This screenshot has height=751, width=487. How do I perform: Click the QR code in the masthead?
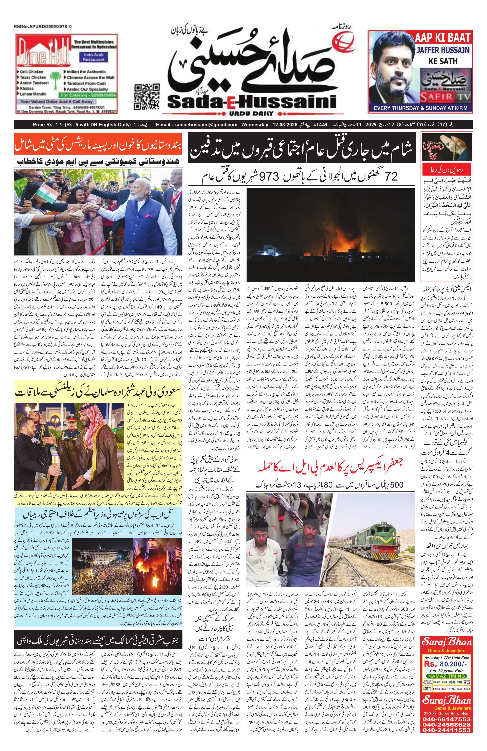tap(147, 96)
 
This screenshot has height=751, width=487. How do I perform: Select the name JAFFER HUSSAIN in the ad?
tap(443, 50)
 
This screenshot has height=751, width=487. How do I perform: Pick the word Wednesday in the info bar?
tap(255, 125)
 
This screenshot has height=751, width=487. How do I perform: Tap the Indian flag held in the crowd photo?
tap(44, 191)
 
